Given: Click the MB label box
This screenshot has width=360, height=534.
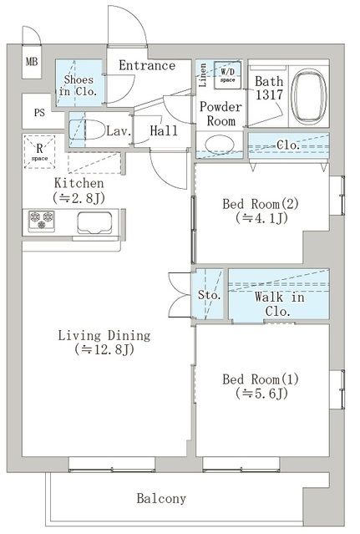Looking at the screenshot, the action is click(x=32, y=62).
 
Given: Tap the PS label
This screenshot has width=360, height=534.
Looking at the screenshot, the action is click(x=39, y=112).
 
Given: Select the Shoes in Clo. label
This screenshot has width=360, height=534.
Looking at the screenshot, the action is click(x=79, y=85).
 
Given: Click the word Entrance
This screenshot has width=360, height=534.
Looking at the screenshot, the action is click(x=147, y=65).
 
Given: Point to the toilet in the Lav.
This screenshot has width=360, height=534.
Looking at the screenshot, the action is click(x=86, y=130).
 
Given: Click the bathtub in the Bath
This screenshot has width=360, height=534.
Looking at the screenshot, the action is click(x=309, y=97).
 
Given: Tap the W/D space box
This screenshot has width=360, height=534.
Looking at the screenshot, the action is click(x=228, y=75).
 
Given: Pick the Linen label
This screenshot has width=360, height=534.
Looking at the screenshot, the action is click(x=202, y=75).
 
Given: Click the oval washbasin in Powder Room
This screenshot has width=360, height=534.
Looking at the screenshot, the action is click(x=220, y=145).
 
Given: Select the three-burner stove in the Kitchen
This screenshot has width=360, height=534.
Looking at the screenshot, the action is click(x=42, y=221).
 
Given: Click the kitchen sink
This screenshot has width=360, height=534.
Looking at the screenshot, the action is click(x=94, y=223).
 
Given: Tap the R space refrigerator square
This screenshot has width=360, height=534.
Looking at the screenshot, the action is click(x=39, y=151).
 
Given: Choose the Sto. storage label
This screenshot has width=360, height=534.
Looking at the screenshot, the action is click(x=210, y=295).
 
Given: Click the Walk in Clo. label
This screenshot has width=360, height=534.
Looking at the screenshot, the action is click(x=279, y=304).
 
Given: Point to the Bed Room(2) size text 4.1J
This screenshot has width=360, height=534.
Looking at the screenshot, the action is click(x=261, y=218).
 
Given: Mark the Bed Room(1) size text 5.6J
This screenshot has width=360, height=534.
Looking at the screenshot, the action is click(x=261, y=394).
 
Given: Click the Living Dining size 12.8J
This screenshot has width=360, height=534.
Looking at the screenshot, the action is click(x=104, y=349).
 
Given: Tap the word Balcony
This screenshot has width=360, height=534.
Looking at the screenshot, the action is click(x=161, y=499).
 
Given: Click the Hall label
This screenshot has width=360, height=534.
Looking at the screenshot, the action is click(x=164, y=130).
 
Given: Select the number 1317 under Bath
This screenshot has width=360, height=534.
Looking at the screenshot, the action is click(x=269, y=95).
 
